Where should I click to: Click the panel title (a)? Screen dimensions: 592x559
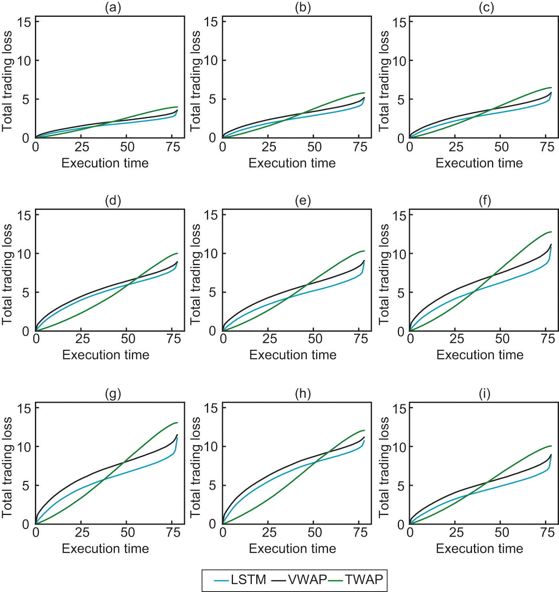[x=113, y=8]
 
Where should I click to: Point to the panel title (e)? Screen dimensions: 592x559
[x=303, y=201]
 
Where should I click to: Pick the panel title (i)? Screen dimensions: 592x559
[x=484, y=394]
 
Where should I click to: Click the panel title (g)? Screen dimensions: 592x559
[x=113, y=394]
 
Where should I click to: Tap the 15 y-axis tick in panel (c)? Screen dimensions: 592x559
[x=399, y=22]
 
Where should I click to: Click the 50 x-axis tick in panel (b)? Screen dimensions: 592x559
[x=314, y=147]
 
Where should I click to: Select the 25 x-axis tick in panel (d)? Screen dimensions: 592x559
[x=83, y=339]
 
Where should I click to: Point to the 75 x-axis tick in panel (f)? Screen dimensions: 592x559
[x=548, y=339]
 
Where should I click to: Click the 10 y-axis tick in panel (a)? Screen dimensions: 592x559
[x=24, y=61]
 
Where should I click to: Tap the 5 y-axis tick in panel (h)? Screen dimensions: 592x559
[x=213, y=486]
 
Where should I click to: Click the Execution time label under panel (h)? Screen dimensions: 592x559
[x=292, y=548]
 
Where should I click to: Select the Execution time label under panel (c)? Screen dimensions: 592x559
[x=479, y=163]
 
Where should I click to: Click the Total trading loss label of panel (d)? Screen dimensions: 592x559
[x=7, y=274]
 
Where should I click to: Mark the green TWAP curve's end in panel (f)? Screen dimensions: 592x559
[x=551, y=232]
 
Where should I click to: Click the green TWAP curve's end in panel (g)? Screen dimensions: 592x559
[x=177, y=422]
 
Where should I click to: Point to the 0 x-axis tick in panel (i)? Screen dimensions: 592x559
[x=410, y=533]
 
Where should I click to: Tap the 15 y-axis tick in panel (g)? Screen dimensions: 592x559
[x=24, y=408]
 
